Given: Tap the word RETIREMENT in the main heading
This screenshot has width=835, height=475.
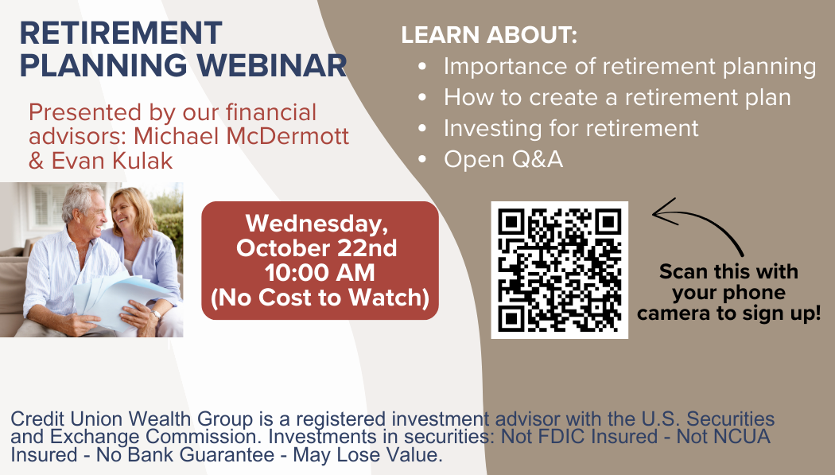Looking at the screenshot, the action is point(121,33).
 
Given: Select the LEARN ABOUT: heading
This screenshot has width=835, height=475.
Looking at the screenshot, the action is point(489,35).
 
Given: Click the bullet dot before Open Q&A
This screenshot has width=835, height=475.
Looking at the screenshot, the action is point(422,159).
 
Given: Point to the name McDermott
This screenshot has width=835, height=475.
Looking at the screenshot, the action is point(288,136).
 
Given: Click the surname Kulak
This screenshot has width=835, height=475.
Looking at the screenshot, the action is point(138,160).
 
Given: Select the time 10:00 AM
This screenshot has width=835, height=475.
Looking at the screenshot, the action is point(320,273).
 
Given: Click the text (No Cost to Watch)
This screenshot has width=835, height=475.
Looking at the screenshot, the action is point(320,297).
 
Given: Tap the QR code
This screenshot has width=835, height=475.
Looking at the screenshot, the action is point(560,270).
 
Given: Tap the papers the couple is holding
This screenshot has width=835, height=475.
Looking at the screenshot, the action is point(120,299).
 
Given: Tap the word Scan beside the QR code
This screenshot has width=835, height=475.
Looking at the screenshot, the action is point(682,271).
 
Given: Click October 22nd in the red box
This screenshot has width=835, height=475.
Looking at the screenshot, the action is point(317,248).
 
